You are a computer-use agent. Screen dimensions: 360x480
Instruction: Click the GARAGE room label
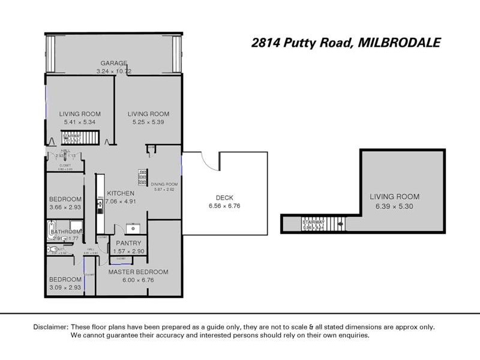114,63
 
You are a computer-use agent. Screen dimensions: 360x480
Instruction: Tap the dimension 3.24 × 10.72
114,71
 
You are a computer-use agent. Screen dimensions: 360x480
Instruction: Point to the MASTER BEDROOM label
138,272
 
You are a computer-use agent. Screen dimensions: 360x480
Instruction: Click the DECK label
224,197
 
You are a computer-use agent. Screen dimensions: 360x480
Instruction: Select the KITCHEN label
121,193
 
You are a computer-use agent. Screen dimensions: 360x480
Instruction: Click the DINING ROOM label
165,184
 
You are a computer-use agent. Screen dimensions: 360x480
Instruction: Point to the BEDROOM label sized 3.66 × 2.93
65,199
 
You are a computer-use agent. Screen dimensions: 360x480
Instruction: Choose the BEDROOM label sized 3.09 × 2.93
65,280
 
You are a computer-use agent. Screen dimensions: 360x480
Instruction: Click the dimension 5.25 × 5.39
148,122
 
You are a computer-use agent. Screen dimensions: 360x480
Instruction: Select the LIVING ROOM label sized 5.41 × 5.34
80,114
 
